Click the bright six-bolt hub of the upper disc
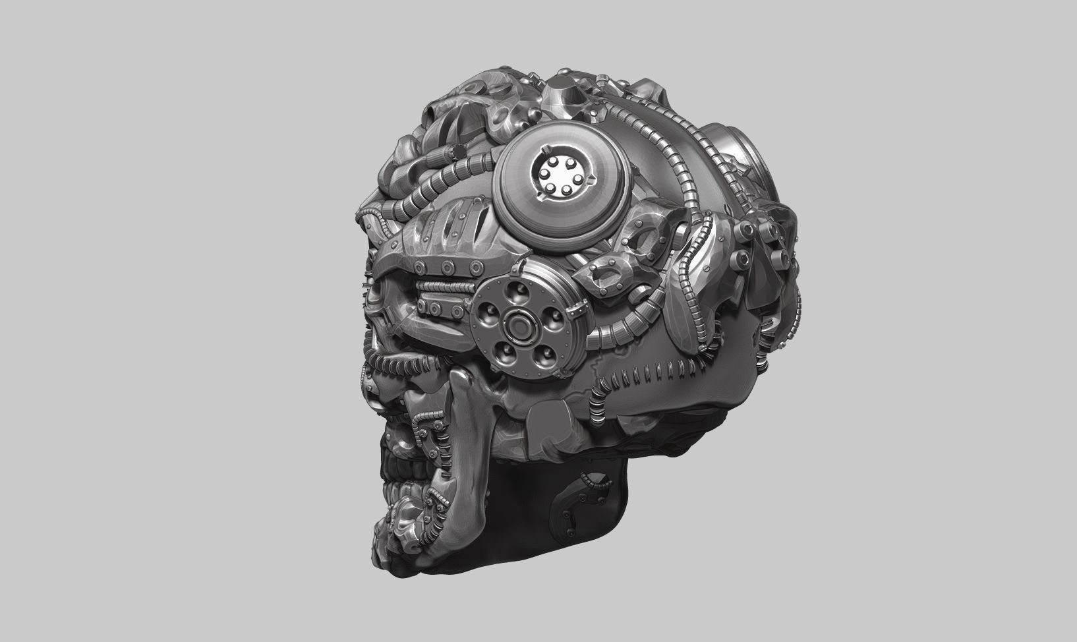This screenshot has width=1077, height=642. click(558, 173)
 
